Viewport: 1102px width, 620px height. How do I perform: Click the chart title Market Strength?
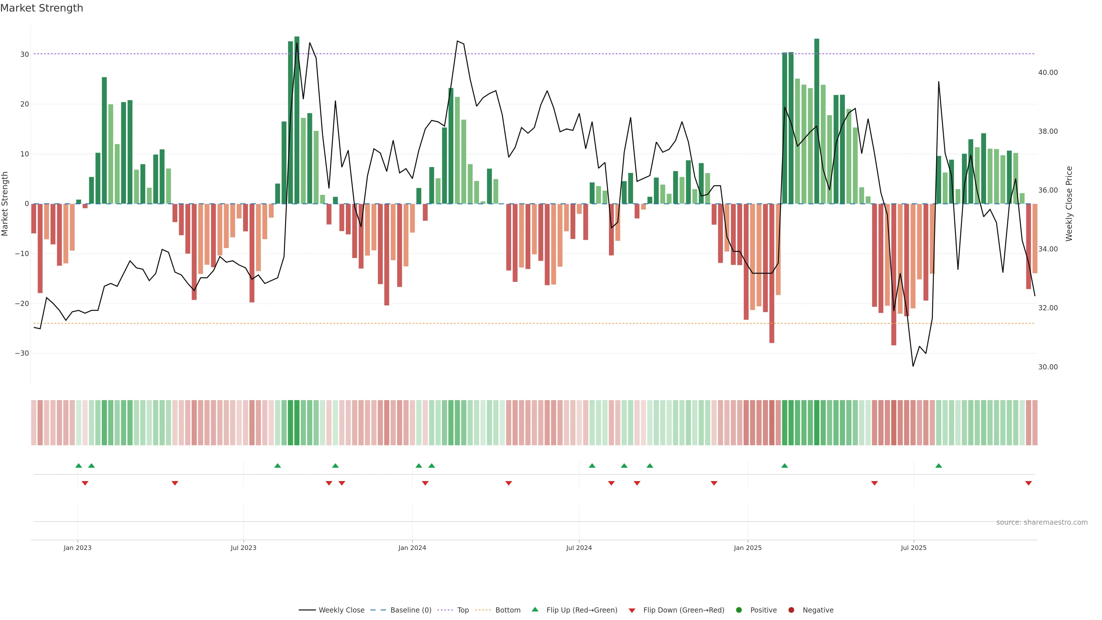click(42, 8)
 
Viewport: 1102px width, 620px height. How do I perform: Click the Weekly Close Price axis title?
click(1069, 204)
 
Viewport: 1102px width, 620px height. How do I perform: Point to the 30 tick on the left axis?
click(24, 54)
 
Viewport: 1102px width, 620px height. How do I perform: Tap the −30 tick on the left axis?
click(22, 353)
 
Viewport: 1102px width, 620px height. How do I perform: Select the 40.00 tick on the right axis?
click(1048, 73)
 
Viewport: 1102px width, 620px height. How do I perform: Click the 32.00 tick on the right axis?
click(1048, 308)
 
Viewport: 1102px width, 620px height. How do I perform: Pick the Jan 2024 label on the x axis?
click(412, 548)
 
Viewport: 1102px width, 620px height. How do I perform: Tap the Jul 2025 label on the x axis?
click(913, 548)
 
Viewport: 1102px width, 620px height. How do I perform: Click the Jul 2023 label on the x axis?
click(243, 548)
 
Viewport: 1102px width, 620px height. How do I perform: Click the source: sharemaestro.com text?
click(1042, 522)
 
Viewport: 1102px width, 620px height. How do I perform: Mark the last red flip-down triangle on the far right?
click(1029, 483)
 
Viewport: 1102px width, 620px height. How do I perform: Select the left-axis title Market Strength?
click(5, 204)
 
